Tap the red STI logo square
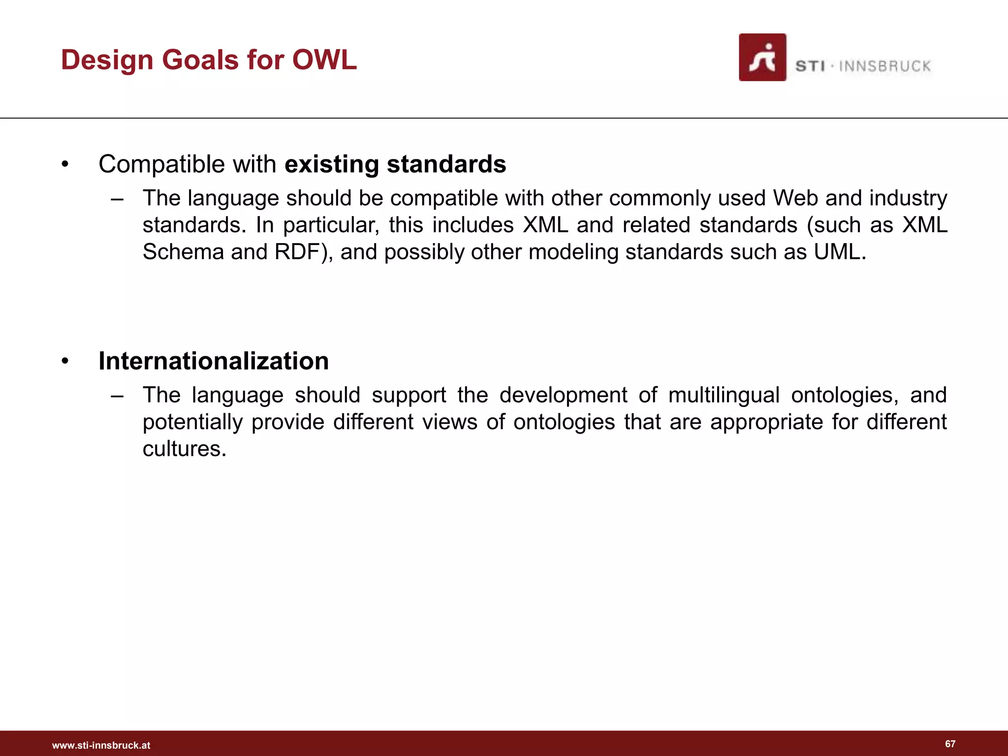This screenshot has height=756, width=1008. click(762, 58)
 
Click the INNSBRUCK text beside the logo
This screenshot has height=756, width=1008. click(884, 66)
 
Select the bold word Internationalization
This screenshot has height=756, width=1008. click(214, 361)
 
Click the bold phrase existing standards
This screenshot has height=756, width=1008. click(395, 164)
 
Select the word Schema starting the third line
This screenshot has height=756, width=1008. click(183, 252)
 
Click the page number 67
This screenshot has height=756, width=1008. click(950, 744)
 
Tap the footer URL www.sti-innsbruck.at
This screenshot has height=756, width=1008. click(101, 745)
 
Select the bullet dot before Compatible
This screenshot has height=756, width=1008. click(65, 165)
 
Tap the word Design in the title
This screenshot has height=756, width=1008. click(107, 60)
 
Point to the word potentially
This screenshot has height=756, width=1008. click(192, 422)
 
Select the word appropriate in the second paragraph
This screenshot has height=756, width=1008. click(766, 422)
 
